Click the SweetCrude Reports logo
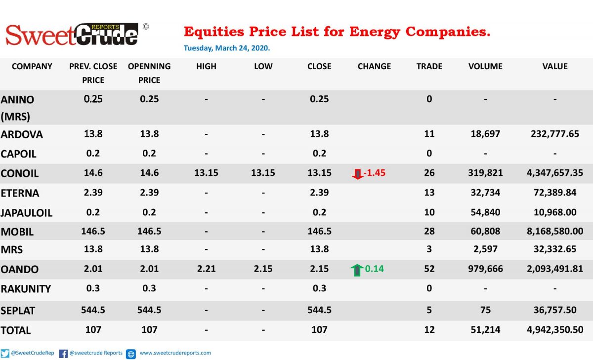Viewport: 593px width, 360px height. point(77,35)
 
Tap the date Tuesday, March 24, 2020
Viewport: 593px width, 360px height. point(227,48)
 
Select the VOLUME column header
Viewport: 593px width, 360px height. point(485,66)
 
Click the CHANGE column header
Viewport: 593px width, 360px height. point(374,66)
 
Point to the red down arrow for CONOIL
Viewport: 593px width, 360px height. point(357,174)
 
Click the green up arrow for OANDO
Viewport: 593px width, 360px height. point(357,270)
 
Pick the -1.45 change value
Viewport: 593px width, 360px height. point(375,173)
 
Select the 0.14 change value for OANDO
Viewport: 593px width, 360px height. point(375,269)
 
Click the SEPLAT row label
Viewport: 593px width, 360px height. point(18,311)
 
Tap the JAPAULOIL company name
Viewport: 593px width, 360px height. point(27,213)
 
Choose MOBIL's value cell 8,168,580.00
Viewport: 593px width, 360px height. point(555,231)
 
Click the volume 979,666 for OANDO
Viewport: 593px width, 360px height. point(485,269)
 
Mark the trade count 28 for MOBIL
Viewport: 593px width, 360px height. point(429,231)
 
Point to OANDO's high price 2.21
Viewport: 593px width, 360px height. point(206,269)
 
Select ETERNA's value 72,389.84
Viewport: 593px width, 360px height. point(555,192)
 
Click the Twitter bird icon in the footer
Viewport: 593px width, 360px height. point(5,354)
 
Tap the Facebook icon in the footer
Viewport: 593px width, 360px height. point(63,354)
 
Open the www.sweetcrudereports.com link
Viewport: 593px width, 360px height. point(175,353)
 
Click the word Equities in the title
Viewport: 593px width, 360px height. point(214,32)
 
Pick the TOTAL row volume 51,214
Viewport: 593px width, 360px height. point(485,329)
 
